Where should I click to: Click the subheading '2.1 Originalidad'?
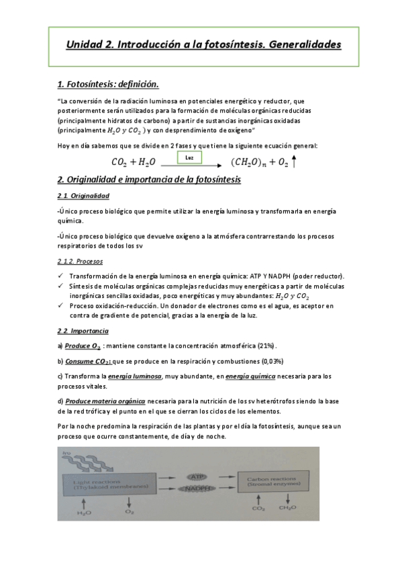point(83,196)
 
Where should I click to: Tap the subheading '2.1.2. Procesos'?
point(80,260)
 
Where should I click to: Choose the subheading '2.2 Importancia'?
point(83,331)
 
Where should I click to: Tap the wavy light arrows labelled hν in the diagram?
point(67,460)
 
